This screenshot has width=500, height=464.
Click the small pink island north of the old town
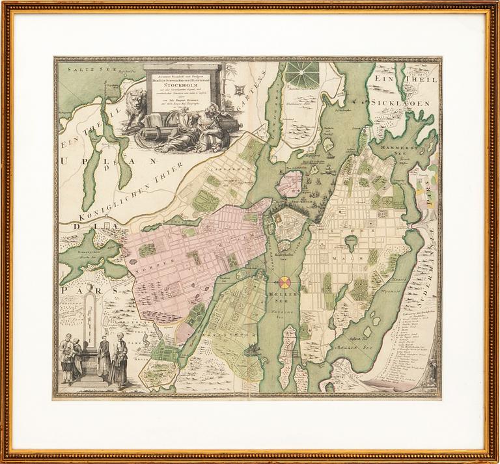click(x=289, y=183)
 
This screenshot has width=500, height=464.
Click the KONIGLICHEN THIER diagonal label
click(x=130, y=196)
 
